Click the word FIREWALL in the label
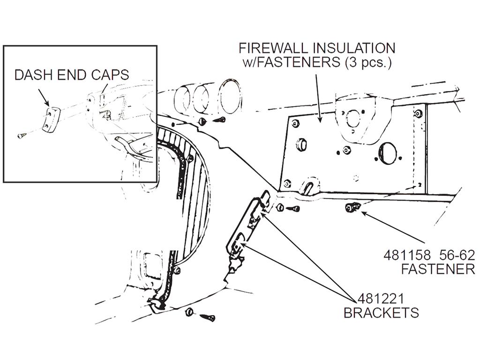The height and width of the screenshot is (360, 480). (273, 48)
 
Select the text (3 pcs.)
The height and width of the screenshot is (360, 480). (368, 62)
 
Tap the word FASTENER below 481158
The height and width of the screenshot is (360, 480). (438, 270)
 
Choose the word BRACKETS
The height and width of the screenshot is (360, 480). (381, 313)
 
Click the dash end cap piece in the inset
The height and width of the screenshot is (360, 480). (51, 120)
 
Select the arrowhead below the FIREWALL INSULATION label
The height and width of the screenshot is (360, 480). (320, 119)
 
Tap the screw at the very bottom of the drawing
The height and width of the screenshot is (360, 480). (207, 317)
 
